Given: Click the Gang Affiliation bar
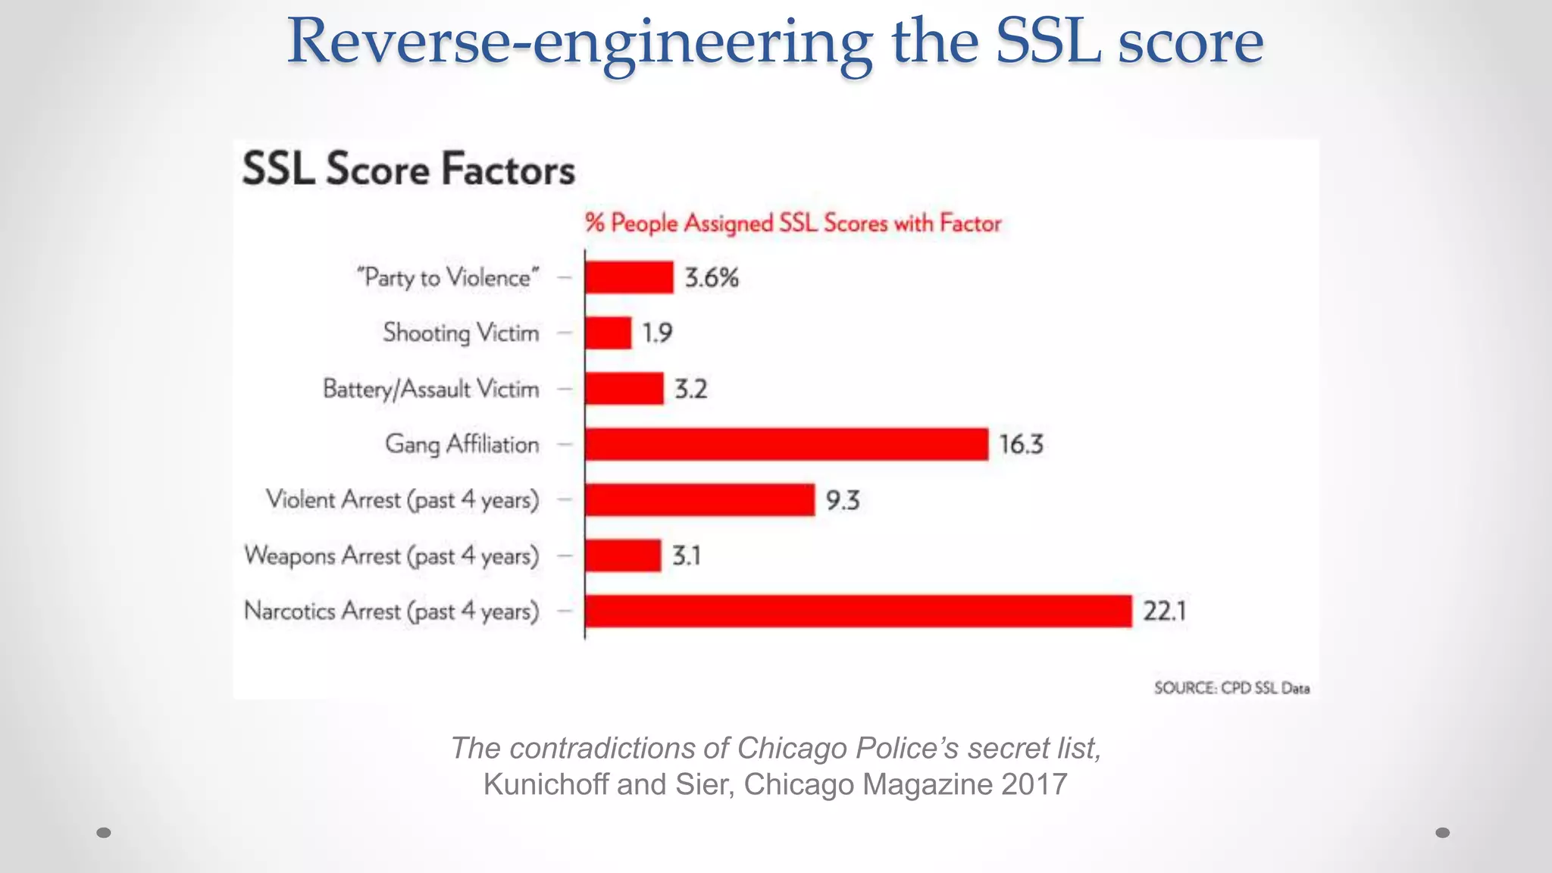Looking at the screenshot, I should click(x=787, y=444).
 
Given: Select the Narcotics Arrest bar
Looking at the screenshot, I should click(x=858, y=611).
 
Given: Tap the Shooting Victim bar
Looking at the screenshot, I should click(x=608, y=333).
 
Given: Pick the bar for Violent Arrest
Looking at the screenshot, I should click(x=699, y=500).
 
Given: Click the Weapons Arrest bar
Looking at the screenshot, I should click(x=622, y=555).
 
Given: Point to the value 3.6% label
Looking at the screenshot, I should click(x=711, y=277).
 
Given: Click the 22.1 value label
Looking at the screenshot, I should click(x=1164, y=611).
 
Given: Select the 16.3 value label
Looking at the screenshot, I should click(x=1020, y=444).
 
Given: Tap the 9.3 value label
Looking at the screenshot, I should click(x=842, y=500).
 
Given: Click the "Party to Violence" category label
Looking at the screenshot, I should click(x=447, y=277).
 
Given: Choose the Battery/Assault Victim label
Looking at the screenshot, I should click(x=430, y=389).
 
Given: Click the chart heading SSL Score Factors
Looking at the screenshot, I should click(x=408, y=168).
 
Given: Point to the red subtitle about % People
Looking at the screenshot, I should click(x=793, y=223).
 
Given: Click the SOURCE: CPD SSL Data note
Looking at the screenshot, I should click(x=1231, y=687).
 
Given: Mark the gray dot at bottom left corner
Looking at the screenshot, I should click(x=104, y=832).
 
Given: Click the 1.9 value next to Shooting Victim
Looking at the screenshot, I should click(x=657, y=333).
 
